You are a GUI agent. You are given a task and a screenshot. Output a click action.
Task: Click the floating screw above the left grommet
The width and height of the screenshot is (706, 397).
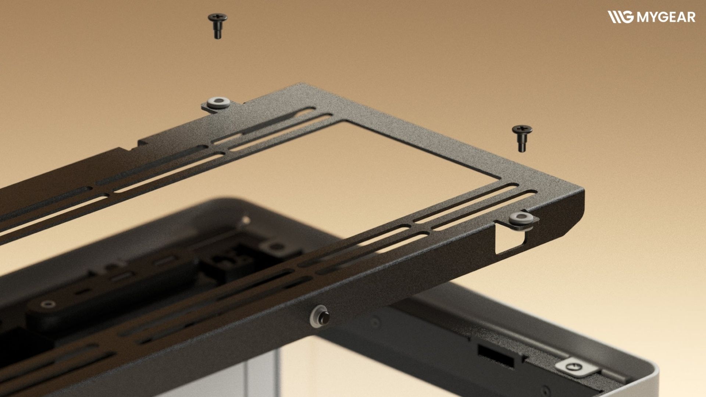coord(217,26)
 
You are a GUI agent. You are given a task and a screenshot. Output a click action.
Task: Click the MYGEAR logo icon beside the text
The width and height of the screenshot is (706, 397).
coord(620,17)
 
